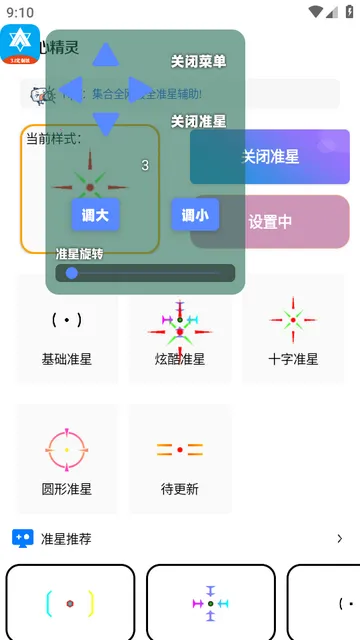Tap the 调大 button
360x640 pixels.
coord(95,214)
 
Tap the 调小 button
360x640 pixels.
coord(195,214)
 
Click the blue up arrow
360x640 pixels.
coord(106,55)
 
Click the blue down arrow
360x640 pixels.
coord(106,122)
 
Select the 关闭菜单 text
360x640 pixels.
coord(198,61)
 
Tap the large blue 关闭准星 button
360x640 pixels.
coord(270,157)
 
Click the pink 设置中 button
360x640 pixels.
coord(270,222)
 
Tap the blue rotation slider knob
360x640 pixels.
coord(72,273)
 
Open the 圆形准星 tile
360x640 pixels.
coord(66,458)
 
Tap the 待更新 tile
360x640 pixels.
coord(180,458)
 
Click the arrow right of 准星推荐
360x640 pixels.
coord(339,539)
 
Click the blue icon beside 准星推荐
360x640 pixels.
coord(22,538)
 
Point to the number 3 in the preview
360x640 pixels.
coord(145,165)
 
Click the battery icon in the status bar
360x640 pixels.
coord(346,12)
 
